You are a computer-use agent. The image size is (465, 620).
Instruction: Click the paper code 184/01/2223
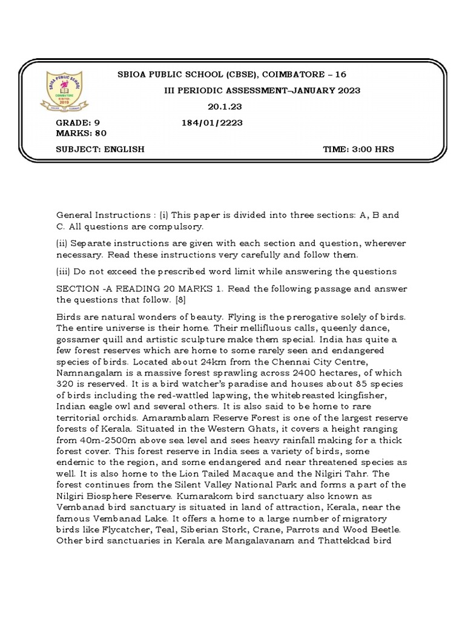coord(212,123)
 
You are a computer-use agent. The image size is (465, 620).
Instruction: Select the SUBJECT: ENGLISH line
coord(101,149)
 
